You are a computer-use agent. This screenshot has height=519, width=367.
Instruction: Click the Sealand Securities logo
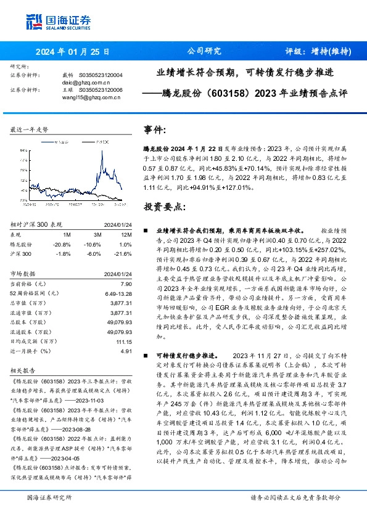tap(54, 22)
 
